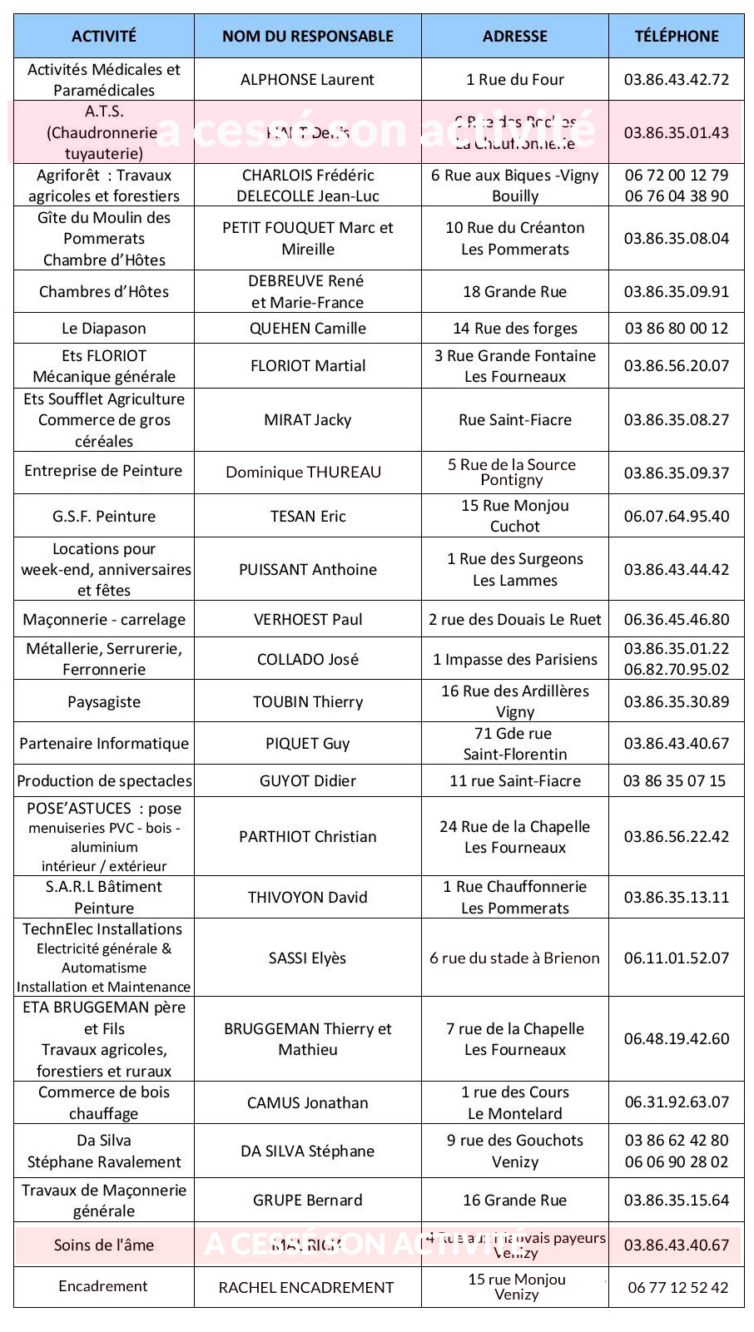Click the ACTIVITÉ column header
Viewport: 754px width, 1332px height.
103,36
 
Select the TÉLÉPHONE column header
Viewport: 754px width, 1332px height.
676,36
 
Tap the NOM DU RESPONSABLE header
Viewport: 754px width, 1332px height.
307,36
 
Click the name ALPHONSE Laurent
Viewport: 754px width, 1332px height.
307,80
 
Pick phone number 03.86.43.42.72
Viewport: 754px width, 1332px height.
676,80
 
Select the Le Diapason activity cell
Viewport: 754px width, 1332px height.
103,329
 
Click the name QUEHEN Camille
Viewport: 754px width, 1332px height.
307,329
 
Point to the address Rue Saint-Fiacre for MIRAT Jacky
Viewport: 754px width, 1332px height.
514,420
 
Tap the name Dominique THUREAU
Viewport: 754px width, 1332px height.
303,473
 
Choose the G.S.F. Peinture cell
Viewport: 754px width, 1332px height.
103,517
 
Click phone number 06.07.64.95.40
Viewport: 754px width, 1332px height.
676,517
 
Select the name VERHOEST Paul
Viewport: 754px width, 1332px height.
307,620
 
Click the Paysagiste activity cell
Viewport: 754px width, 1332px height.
103,702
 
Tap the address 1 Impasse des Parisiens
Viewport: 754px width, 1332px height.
514,660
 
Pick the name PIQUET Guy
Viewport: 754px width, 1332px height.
307,744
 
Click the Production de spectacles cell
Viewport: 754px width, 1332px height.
103,781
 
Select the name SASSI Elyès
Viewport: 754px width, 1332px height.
307,958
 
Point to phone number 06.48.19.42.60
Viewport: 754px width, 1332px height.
676,1039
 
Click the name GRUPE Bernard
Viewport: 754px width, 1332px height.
307,1201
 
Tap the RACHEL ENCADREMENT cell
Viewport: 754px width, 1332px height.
305,1288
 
